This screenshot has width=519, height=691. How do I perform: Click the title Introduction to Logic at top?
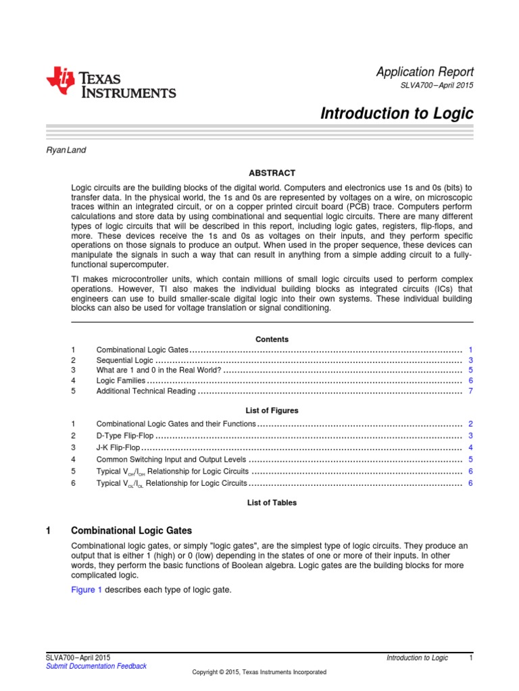397,113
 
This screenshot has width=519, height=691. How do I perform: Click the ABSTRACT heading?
272,173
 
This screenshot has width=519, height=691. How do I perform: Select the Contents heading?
272,339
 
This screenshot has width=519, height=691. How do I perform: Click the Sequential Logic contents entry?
125,360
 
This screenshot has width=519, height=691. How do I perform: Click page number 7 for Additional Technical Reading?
470,391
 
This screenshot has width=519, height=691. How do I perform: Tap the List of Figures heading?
272,410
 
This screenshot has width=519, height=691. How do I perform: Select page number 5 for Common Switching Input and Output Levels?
470,459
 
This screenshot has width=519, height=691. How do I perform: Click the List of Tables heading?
272,503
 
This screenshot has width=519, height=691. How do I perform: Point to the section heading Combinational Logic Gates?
131,531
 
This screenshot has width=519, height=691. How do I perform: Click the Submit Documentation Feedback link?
95,666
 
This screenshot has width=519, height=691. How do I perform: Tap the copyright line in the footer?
259,672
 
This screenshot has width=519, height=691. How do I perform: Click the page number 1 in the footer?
470,657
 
